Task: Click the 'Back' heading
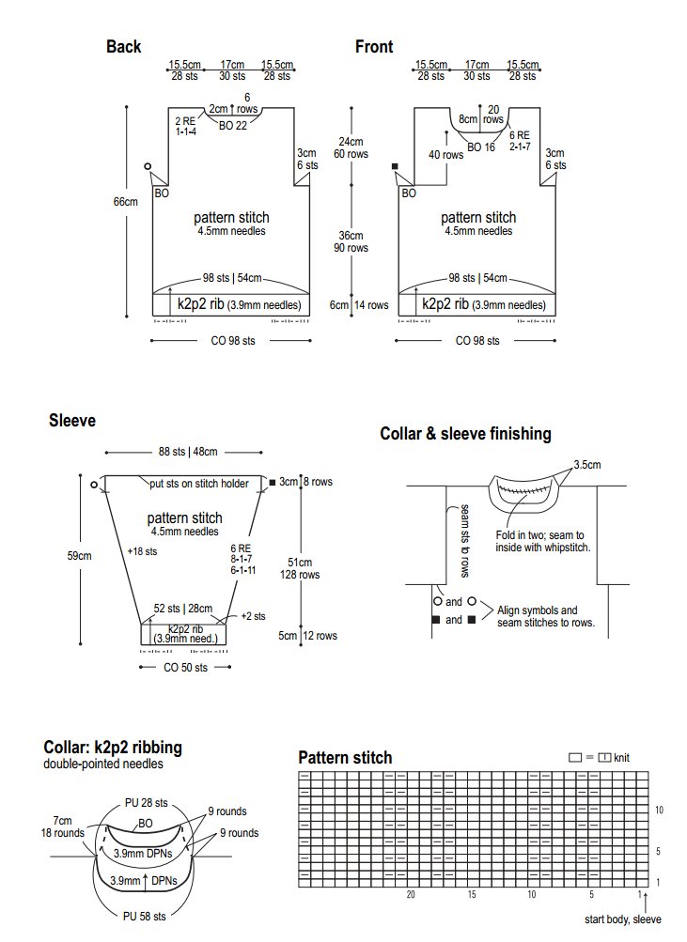tap(123, 47)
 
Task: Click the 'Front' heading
tap(374, 47)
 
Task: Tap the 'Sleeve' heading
tap(72, 421)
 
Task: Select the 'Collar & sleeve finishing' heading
tap(465, 434)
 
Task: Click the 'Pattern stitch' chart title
tap(345, 758)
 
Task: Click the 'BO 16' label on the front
tap(481, 147)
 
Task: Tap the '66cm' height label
tap(126, 202)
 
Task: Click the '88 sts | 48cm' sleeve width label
tap(185, 452)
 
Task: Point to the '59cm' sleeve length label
tap(79, 556)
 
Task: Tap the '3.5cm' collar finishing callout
tap(588, 464)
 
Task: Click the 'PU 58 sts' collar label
tap(145, 916)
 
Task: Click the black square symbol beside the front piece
tap(396, 166)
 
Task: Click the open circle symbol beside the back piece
tap(148, 166)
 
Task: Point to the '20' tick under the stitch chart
tap(411, 895)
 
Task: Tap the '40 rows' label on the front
tap(445, 155)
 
